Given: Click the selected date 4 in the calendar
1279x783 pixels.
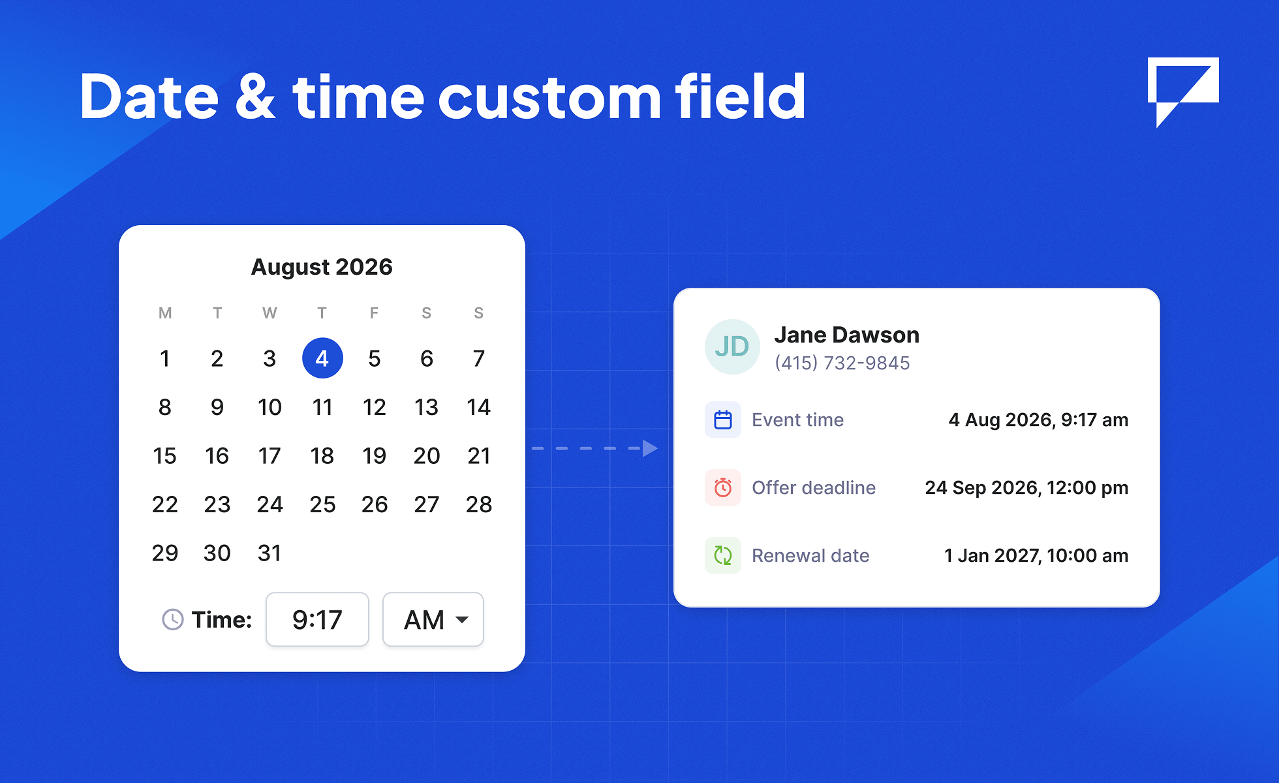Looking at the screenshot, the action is [322, 358].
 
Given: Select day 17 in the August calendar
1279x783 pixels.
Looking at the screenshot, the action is [270, 455].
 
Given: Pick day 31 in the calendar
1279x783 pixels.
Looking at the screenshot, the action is [270, 553].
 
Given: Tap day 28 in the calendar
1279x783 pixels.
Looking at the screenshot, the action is [479, 504].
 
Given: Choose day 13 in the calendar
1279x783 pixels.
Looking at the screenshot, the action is [427, 407].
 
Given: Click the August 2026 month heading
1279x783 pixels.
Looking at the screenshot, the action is [322, 267].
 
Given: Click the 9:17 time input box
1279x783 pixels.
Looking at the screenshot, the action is [317, 619].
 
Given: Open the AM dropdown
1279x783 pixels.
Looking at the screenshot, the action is [433, 619].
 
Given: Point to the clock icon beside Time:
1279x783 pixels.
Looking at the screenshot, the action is [173, 619].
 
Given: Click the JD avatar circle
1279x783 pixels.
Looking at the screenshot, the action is [732, 346].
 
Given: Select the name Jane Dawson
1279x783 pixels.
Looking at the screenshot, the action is [847, 335].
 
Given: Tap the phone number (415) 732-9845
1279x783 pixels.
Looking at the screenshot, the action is [842, 363].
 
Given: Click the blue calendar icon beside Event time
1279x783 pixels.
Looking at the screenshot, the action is [723, 420].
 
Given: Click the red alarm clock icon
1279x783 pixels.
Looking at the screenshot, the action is [723, 487].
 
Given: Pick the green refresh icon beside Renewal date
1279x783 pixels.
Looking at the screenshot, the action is [723, 555].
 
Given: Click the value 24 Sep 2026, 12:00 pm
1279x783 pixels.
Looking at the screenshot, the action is [1026, 487].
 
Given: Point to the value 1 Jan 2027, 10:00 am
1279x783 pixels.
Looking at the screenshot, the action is [1036, 555].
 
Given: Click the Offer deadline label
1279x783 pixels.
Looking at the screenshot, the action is [814, 487].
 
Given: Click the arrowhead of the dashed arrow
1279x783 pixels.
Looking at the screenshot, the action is [649, 448].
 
